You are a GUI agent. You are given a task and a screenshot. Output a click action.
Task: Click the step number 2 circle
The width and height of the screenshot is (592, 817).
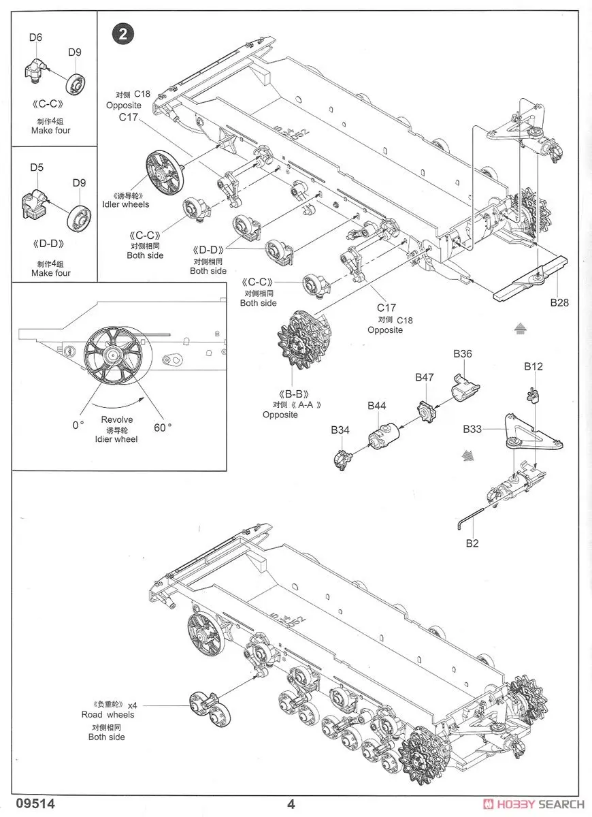point(123,34)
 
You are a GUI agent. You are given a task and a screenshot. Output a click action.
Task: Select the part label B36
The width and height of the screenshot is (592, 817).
point(463,354)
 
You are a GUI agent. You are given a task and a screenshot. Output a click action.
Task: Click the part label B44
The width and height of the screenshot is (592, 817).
point(377,406)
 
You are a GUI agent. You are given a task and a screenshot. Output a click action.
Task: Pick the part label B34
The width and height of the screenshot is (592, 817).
point(340,430)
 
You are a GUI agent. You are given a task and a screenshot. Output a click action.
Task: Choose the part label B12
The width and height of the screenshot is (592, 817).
point(533,366)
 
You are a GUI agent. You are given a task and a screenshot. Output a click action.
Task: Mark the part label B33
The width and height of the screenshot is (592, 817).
point(472,429)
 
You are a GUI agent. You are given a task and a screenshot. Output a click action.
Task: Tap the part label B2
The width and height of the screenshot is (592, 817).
point(473,543)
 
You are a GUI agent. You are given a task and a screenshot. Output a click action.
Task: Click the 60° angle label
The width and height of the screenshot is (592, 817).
point(163,427)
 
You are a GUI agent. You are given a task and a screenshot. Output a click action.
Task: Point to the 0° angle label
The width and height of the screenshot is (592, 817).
point(78,426)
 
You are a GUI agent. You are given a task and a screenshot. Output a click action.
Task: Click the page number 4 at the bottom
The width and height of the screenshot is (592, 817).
point(291,804)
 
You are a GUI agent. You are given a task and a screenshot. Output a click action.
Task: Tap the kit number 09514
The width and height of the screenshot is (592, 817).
point(29,803)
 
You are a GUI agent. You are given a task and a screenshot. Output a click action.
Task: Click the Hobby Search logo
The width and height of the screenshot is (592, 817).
point(533,804)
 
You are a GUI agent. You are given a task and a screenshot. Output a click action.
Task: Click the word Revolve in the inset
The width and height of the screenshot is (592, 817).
point(117,420)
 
